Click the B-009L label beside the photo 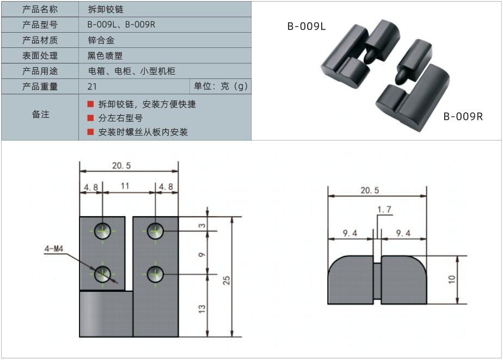(306, 26)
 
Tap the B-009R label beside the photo (463, 116)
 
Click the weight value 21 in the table (92, 87)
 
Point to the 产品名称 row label (40, 9)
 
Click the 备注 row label (40, 114)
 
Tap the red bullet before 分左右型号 (91, 118)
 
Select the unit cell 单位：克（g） (221, 87)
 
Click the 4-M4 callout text (54, 249)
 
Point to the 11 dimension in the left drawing (125, 186)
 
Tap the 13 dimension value (202, 308)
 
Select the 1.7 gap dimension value (384, 209)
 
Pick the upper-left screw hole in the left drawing (102, 231)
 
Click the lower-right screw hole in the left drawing (155, 273)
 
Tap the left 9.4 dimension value (349, 233)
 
